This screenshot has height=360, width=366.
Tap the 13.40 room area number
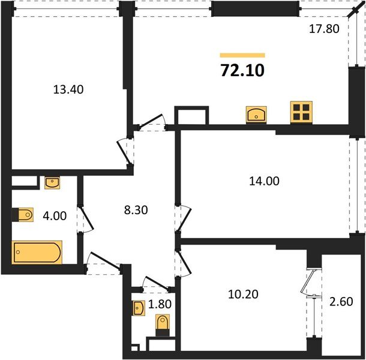[68, 90]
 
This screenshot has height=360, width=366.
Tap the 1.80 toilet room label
[161, 304]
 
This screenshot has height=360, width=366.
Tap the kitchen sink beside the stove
[256, 113]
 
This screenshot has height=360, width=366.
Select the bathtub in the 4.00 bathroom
[37, 252]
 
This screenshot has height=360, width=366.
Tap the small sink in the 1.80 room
[138, 308]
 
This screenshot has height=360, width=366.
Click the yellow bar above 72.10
[242, 55]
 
